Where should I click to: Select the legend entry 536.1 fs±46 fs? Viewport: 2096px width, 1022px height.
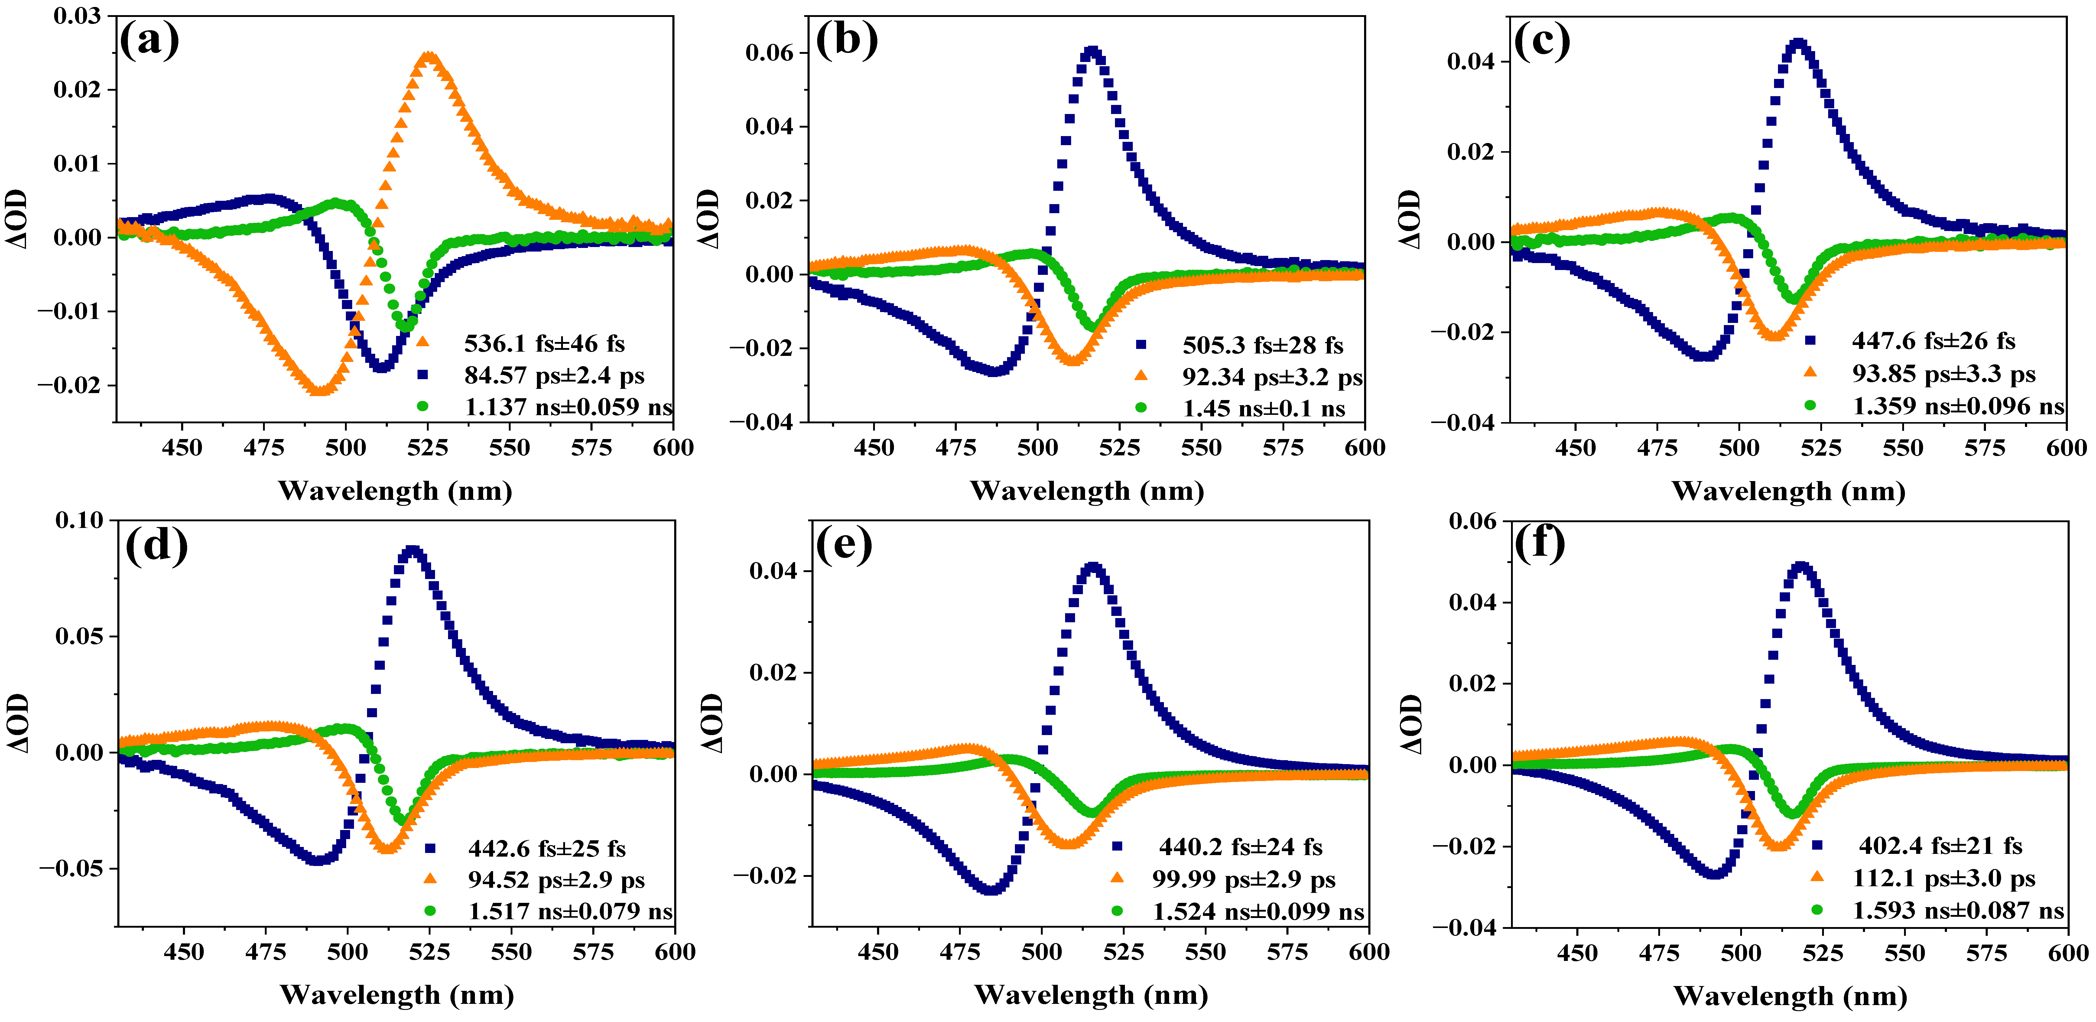(544, 343)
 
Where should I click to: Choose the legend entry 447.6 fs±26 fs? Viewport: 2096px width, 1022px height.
(1933, 341)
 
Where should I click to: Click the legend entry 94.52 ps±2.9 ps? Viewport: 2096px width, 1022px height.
(556, 880)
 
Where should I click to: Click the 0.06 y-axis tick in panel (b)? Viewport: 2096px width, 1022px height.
(770, 53)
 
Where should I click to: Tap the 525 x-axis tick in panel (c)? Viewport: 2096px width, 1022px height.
(1821, 448)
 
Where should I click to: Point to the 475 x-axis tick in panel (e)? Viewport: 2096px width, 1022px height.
(960, 952)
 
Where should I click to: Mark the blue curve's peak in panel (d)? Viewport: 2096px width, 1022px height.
(413, 551)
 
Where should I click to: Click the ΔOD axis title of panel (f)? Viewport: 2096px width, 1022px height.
(1412, 724)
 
